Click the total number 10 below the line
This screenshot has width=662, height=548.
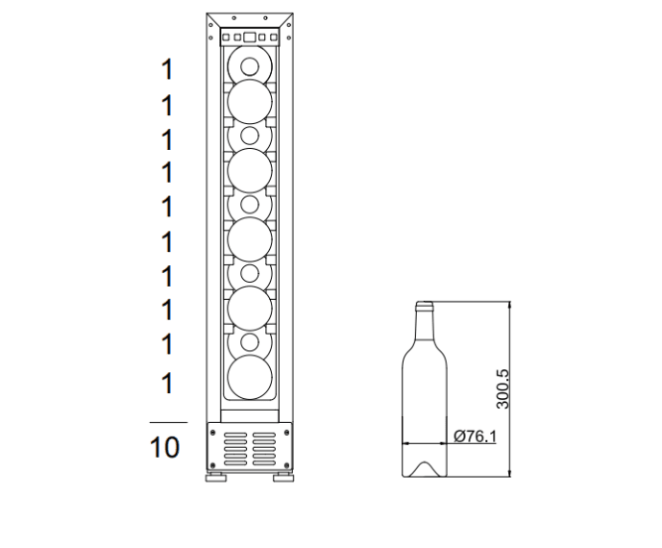164,447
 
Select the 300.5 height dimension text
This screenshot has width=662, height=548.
503,388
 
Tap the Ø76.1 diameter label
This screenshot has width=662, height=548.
475,436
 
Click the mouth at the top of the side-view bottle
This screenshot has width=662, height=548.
425,304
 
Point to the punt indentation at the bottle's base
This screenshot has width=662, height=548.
425,469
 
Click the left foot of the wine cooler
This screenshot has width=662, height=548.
216,478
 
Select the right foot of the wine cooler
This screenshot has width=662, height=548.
283,478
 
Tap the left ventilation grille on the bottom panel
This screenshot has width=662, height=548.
235,449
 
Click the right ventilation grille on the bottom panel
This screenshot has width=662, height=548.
264,449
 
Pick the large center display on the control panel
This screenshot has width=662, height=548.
250,37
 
